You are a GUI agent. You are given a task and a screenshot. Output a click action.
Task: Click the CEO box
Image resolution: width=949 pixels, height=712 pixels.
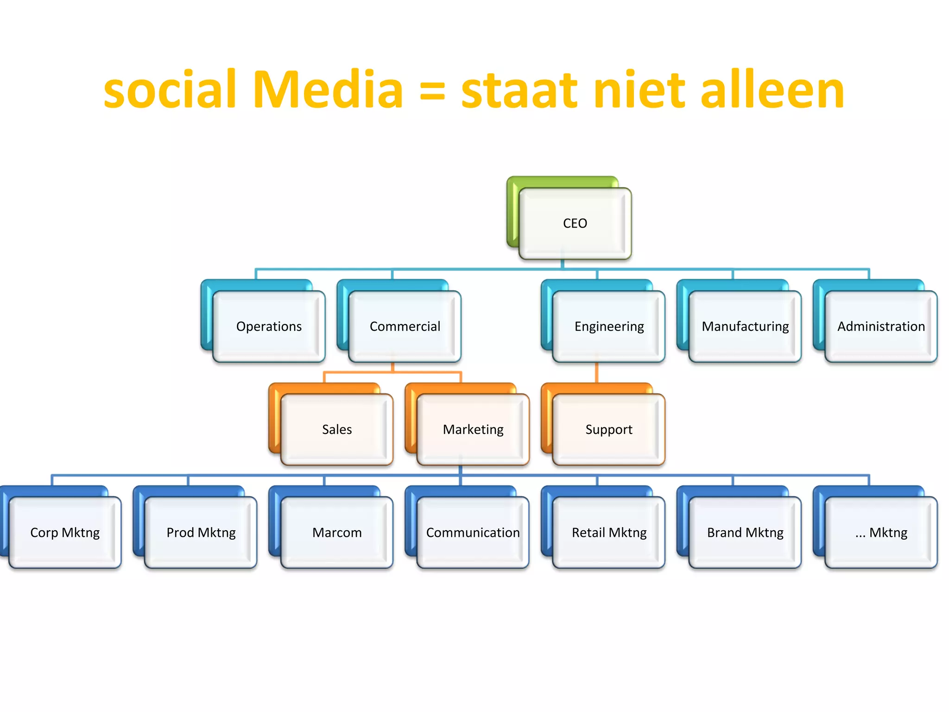pyautogui.click(x=575, y=223)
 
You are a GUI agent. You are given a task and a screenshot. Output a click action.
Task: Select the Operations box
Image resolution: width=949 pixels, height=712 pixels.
pyautogui.click(x=269, y=326)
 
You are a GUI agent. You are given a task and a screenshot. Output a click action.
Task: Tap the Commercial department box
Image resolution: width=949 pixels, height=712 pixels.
pyautogui.click(x=405, y=326)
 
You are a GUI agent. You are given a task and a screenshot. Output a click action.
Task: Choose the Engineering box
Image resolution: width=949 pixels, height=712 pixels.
pyautogui.click(x=609, y=326)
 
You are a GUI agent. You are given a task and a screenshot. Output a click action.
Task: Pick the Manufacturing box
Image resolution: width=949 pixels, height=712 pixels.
pyautogui.click(x=745, y=326)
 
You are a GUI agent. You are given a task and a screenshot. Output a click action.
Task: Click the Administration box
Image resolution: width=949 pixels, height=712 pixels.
pyautogui.click(x=881, y=326)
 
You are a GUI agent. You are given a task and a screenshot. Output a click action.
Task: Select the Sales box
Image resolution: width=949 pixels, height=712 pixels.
pyautogui.click(x=337, y=429)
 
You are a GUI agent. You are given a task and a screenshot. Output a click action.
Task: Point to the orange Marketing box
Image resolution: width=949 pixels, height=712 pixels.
pyautogui.click(x=473, y=429)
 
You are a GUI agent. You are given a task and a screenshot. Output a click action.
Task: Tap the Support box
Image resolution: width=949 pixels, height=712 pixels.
pyautogui.click(x=609, y=429)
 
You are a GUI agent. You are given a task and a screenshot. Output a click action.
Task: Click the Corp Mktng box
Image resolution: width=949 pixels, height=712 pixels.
pyautogui.click(x=65, y=533)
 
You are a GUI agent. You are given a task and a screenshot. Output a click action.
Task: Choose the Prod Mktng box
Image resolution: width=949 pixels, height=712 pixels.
pyautogui.click(x=201, y=533)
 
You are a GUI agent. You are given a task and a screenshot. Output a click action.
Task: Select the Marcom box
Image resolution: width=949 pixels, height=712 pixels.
pyautogui.click(x=337, y=533)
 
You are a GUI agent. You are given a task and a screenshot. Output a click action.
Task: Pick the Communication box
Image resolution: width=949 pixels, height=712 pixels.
pyautogui.click(x=473, y=533)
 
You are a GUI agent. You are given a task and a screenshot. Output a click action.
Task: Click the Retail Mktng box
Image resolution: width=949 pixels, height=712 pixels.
pyautogui.click(x=609, y=533)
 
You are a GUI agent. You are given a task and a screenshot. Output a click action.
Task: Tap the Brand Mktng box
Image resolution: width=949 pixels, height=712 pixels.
pyautogui.click(x=745, y=533)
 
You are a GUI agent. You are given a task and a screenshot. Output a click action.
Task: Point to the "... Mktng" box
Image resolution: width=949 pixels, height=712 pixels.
pyautogui.click(x=881, y=533)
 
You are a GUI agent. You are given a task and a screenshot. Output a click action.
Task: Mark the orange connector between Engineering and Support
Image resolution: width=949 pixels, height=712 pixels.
pyautogui.click(x=596, y=373)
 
